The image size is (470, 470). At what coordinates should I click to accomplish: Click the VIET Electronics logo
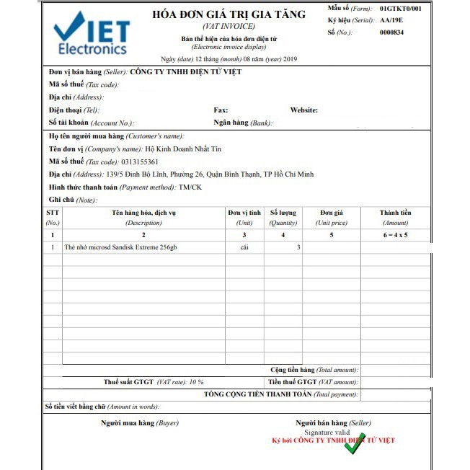tap(92, 34)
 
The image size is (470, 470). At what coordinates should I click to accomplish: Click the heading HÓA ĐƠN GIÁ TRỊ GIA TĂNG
tap(229, 14)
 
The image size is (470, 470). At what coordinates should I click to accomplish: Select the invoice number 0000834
tap(391, 32)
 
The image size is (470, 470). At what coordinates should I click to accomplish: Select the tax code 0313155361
tap(140, 161)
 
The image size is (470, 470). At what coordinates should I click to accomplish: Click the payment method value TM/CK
tap(191, 187)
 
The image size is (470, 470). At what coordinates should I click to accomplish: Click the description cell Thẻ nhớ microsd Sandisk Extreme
tap(120, 247)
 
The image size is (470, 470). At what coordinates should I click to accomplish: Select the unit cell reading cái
tap(244, 247)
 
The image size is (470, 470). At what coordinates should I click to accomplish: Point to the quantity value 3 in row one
tap(298, 247)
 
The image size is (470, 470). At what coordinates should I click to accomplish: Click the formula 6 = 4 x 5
tap(396, 235)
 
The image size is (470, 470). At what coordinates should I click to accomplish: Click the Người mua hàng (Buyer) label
tap(139, 422)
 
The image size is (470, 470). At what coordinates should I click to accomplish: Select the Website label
tap(303, 110)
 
